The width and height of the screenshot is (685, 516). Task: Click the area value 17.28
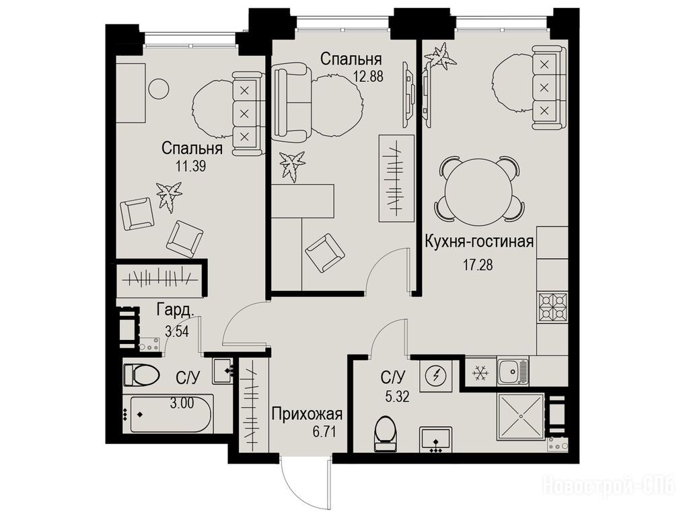pyautogui.click(x=478, y=264)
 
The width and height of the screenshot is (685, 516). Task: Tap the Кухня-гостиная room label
pyautogui.click(x=479, y=241)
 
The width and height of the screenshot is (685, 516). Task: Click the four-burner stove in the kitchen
pyautogui.click(x=552, y=307)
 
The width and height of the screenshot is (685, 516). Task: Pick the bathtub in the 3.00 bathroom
pyautogui.click(x=169, y=414)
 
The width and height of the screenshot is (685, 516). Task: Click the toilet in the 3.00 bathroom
pyautogui.click(x=141, y=375)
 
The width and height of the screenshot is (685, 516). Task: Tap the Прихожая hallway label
pyautogui.click(x=307, y=413)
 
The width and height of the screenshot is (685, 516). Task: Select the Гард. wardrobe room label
pyautogui.click(x=175, y=310)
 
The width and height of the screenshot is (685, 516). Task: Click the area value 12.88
pyautogui.click(x=368, y=77)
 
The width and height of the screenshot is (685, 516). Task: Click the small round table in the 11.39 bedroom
pyautogui.click(x=157, y=89)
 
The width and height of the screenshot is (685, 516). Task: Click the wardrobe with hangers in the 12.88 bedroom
pyautogui.click(x=396, y=179)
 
